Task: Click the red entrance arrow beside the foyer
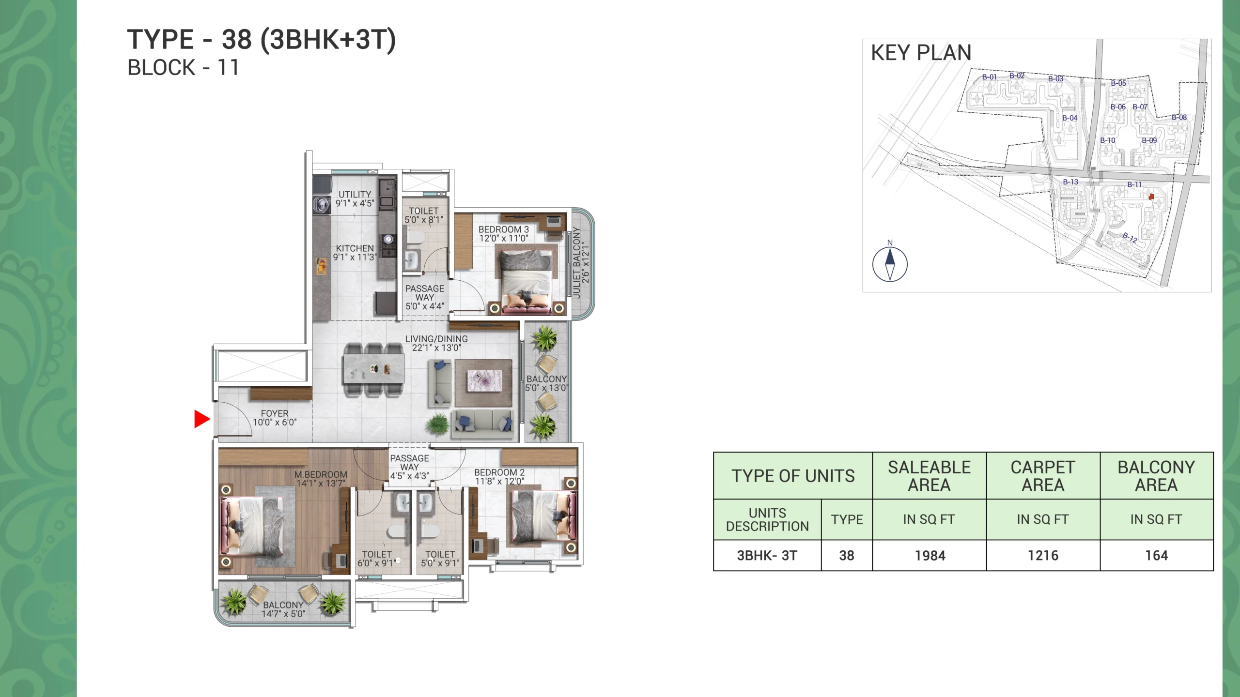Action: tap(201, 419)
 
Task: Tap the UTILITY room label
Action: tap(355, 194)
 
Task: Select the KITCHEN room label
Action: tap(355, 248)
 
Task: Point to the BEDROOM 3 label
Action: tap(504, 229)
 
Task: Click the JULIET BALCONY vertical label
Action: tap(576, 262)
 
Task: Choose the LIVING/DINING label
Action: tap(436, 339)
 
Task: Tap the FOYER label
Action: tap(275, 413)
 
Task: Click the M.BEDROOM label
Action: tap(321, 474)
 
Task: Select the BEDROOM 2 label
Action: tap(499, 472)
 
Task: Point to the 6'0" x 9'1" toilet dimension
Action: tap(376, 563)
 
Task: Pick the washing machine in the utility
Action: tap(321, 205)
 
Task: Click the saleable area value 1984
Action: tap(930, 556)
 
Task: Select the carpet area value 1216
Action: tap(1043, 556)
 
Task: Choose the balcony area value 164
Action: tap(1156, 556)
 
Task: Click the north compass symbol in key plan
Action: tap(890, 264)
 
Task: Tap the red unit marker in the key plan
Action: tap(1151, 197)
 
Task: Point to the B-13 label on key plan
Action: tap(1070, 182)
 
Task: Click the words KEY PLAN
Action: tap(921, 53)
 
